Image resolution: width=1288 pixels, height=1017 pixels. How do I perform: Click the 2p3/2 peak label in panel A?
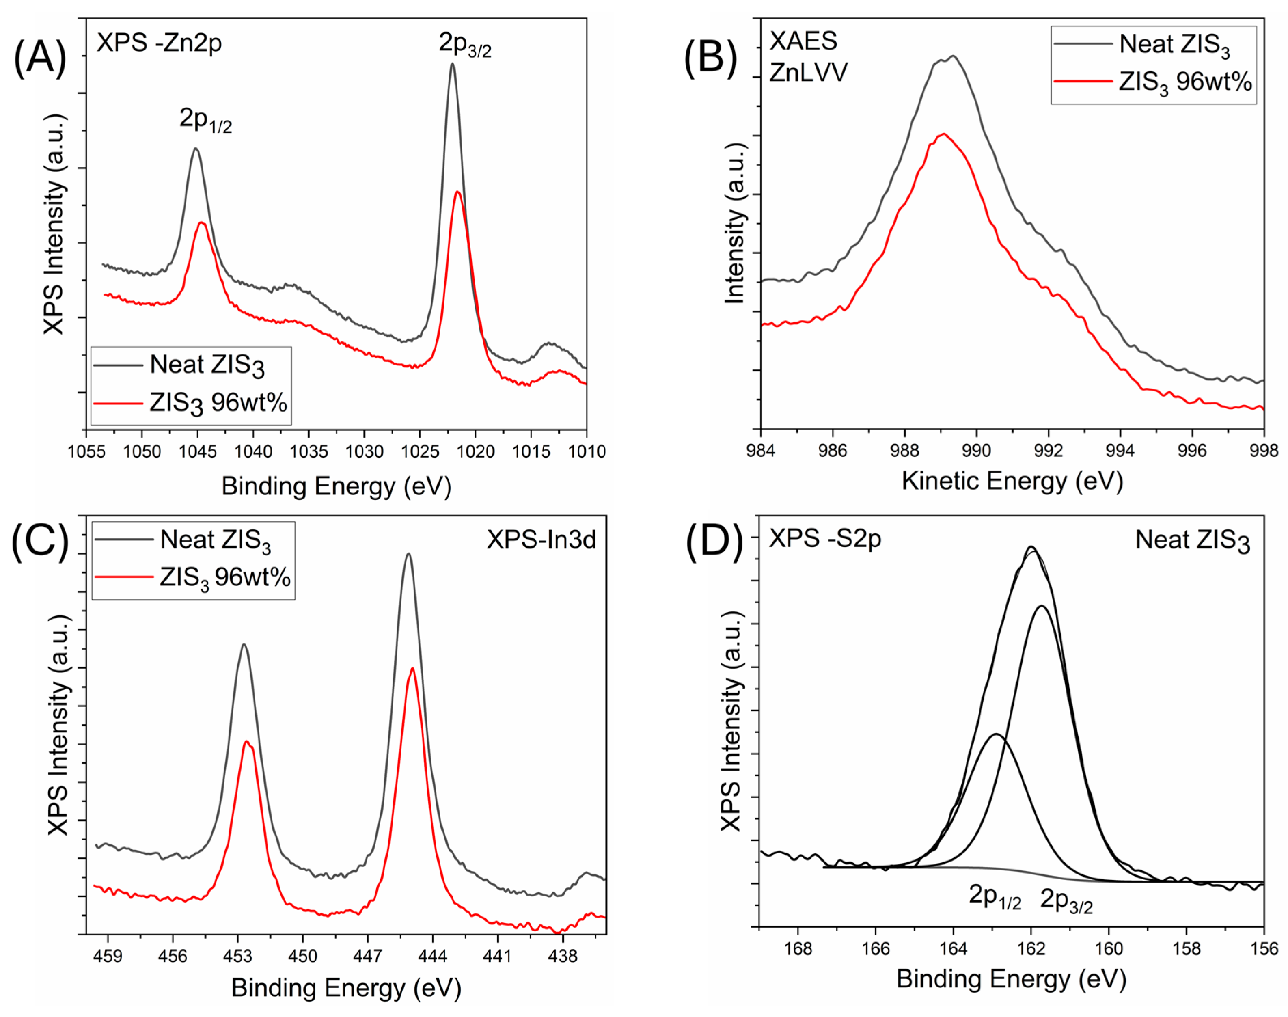(x=465, y=44)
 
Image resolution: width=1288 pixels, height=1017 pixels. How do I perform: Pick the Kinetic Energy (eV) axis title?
(x=1012, y=481)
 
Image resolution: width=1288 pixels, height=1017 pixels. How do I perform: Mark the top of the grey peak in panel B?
(x=953, y=56)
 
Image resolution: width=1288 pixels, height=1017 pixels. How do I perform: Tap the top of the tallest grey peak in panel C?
(x=408, y=554)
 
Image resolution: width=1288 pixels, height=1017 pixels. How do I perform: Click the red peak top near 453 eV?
(x=246, y=741)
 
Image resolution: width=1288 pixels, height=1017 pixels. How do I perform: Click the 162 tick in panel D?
(x=1031, y=948)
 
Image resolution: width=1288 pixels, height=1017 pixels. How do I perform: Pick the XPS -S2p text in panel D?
(x=824, y=539)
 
